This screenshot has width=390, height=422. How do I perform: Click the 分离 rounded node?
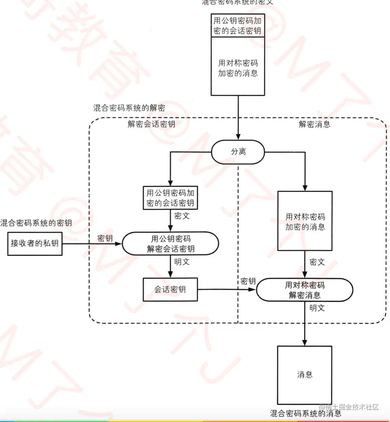pyautogui.click(x=238, y=152)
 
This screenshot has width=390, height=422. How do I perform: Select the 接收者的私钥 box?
pyautogui.click(x=35, y=243)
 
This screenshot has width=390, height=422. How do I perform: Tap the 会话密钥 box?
pyautogui.click(x=170, y=289)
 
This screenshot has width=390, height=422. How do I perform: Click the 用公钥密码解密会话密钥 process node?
pyautogui.click(x=171, y=244)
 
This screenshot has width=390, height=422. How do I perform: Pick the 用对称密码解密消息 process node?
pyautogui.click(x=304, y=290)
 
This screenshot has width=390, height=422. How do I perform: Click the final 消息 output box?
pyautogui.click(x=304, y=374)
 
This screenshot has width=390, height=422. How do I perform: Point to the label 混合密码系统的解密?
pyautogui.click(x=129, y=108)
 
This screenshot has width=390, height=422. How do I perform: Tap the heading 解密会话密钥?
pyautogui.click(x=151, y=124)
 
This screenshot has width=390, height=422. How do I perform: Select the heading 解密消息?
pyautogui.click(x=314, y=124)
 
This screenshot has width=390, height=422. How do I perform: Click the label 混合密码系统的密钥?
pyautogui.click(x=36, y=223)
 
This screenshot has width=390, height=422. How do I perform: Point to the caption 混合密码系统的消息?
pyautogui.click(x=306, y=414)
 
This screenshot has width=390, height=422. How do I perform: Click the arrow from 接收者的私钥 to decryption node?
pyautogui.click(x=92, y=244)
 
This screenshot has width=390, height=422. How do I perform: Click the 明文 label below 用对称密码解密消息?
pyautogui.click(x=317, y=308)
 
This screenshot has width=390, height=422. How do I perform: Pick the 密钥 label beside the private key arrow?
pyautogui.click(x=105, y=238)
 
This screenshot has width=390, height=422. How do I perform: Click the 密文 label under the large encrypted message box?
pyautogui.click(x=317, y=262)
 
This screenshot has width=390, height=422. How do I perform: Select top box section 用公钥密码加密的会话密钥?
pyautogui.click(x=238, y=25)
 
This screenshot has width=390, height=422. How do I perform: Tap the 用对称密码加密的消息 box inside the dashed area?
pyautogui.click(x=304, y=221)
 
